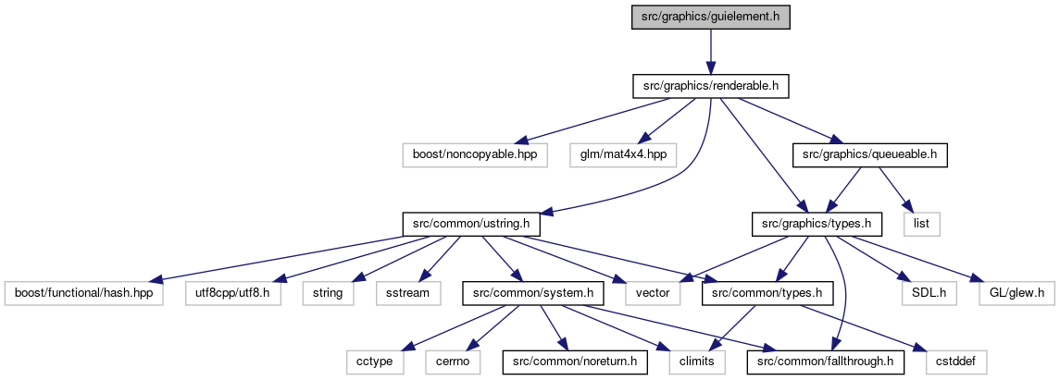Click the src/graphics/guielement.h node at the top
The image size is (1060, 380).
click(710, 17)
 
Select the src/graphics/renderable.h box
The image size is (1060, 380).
click(710, 86)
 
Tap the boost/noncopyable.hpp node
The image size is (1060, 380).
click(475, 155)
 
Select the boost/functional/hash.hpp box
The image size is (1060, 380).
click(84, 294)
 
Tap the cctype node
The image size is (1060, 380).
click(375, 362)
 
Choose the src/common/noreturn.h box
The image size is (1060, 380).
click(575, 362)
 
